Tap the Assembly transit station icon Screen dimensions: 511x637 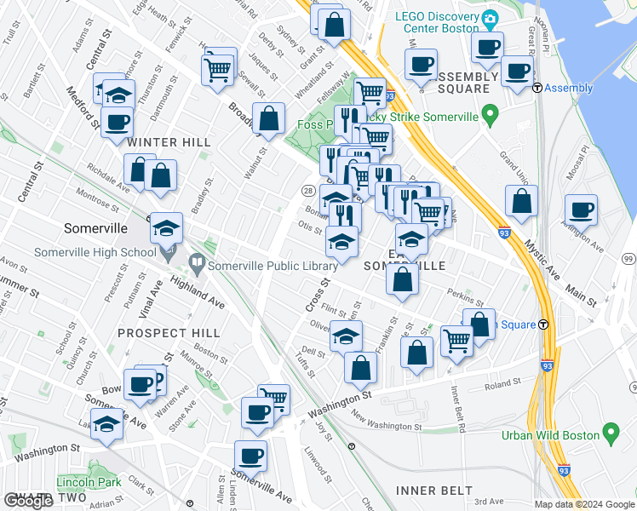537,88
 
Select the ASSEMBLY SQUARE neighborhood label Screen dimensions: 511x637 468,83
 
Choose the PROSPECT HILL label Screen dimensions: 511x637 169,333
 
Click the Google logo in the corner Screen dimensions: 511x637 29,501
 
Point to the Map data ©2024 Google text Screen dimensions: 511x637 584,504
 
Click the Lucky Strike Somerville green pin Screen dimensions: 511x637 489,112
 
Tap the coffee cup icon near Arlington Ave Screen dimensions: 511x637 582,210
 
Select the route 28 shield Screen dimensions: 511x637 307,189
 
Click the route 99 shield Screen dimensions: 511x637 628,259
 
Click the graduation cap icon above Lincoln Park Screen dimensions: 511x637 107,425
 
